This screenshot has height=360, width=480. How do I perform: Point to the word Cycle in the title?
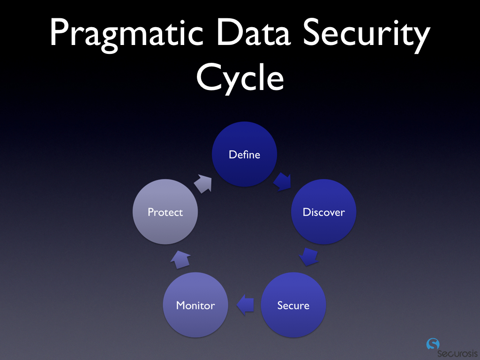pos(240,78)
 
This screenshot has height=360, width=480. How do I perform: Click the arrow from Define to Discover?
pos(283,181)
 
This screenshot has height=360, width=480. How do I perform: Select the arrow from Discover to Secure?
pos(308,256)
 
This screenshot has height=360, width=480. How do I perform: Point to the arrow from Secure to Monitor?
pos(245,305)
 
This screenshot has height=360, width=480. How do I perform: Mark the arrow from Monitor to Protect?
pos(180,259)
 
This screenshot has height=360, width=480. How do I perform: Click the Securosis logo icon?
pos(433,344)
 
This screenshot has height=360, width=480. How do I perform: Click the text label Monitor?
pos(195,306)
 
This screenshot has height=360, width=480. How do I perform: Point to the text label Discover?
pos(323,212)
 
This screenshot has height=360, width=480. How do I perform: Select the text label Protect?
pos(165,212)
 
